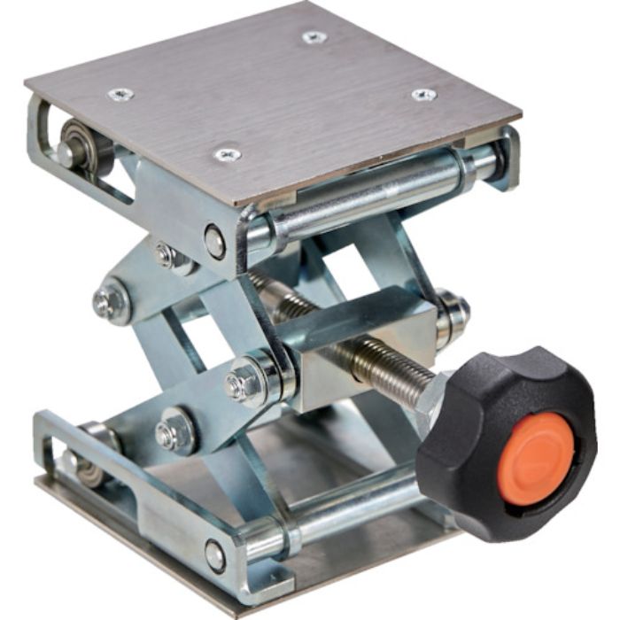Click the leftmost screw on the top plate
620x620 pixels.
click(120, 93)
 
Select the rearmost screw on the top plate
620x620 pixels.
click(314, 37)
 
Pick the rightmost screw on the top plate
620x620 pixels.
click(423, 95)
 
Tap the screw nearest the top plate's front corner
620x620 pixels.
click(228, 155)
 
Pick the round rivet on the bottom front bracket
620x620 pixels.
click(215, 555)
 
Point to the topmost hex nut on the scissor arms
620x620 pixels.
click(167, 257)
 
